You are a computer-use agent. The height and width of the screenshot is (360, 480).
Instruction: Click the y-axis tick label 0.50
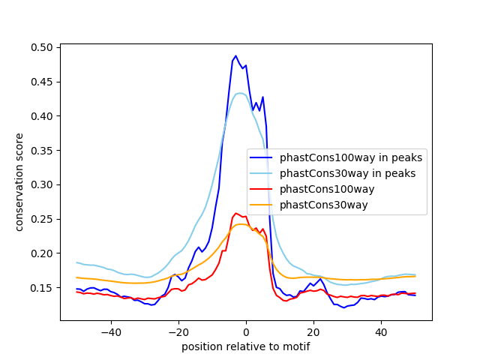click(x=42, y=47)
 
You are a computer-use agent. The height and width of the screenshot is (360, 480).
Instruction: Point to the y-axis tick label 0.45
click(x=42, y=82)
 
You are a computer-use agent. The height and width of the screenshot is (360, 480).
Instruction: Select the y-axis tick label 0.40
click(x=42, y=116)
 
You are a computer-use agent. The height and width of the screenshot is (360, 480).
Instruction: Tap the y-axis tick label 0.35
click(x=42, y=150)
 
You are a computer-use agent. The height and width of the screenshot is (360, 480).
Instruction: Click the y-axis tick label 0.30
click(x=42, y=184)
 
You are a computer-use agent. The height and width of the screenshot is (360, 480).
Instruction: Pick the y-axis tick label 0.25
click(x=42, y=219)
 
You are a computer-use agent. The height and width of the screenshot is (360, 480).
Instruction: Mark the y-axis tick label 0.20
click(x=42, y=253)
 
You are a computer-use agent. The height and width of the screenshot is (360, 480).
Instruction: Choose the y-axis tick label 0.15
click(x=42, y=288)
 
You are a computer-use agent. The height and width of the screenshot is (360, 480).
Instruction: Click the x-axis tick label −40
click(x=110, y=331)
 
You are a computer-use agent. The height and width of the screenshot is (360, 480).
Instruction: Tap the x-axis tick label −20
click(x=178, y=331)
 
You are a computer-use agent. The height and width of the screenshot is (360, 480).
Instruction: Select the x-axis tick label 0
click(x=246, y=331)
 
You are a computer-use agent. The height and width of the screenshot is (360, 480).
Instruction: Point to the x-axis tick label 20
click(x=313, y=331)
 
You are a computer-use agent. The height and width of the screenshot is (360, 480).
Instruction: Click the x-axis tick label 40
click(x=381, y=331)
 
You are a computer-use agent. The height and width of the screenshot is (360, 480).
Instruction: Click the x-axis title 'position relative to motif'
click(x=245, y=346)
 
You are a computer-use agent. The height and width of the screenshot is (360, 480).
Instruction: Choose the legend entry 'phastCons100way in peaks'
click(x=350, y=158)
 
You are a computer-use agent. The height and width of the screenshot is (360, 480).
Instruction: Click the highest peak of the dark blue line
click(x=235, y=55)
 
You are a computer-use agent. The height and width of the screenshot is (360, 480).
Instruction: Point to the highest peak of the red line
click(x=235, y=213)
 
